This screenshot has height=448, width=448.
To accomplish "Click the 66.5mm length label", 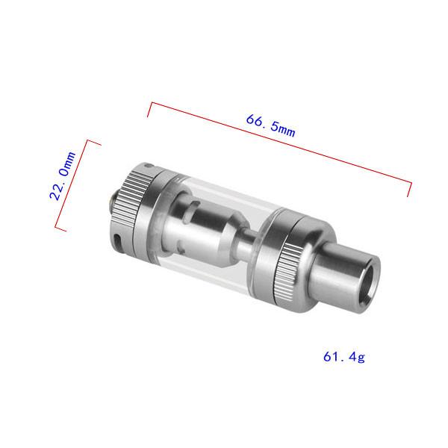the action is click(270, 125).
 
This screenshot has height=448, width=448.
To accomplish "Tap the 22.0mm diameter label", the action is click(63, 175).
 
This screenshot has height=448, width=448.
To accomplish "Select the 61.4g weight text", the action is click(344, 357).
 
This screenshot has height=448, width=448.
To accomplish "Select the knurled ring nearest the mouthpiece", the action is click(287, 273).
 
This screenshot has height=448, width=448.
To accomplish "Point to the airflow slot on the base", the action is click(117, 240).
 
